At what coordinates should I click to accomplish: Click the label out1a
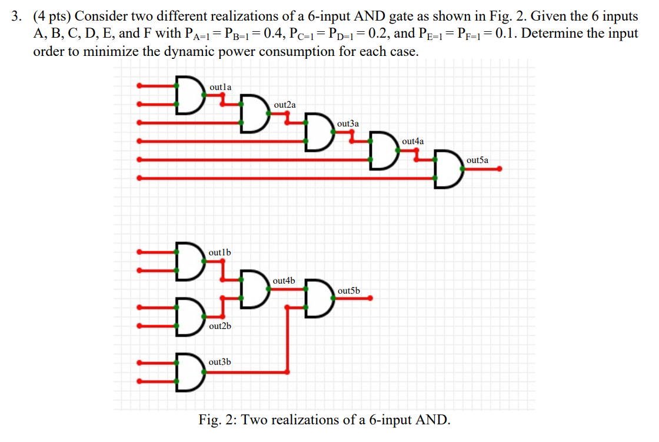coord(221,87)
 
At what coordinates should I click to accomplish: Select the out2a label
coord(285,105)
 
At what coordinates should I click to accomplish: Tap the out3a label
coord(348,124)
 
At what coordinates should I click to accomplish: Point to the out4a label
coord(412,141)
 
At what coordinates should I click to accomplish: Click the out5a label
coord(477,160)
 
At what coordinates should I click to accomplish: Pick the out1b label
coord(220,252)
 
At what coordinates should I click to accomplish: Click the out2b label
coord(220,325)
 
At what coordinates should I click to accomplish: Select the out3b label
coord(220,361)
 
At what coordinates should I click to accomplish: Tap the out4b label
coord(284,281)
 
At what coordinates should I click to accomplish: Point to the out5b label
coord(349,291)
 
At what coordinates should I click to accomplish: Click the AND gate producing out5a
coord(448,170)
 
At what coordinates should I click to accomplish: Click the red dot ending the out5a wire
coord(500,169)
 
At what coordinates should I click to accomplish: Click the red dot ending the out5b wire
coord(371,298)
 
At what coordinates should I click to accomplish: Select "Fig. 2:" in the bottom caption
coord(218,420)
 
